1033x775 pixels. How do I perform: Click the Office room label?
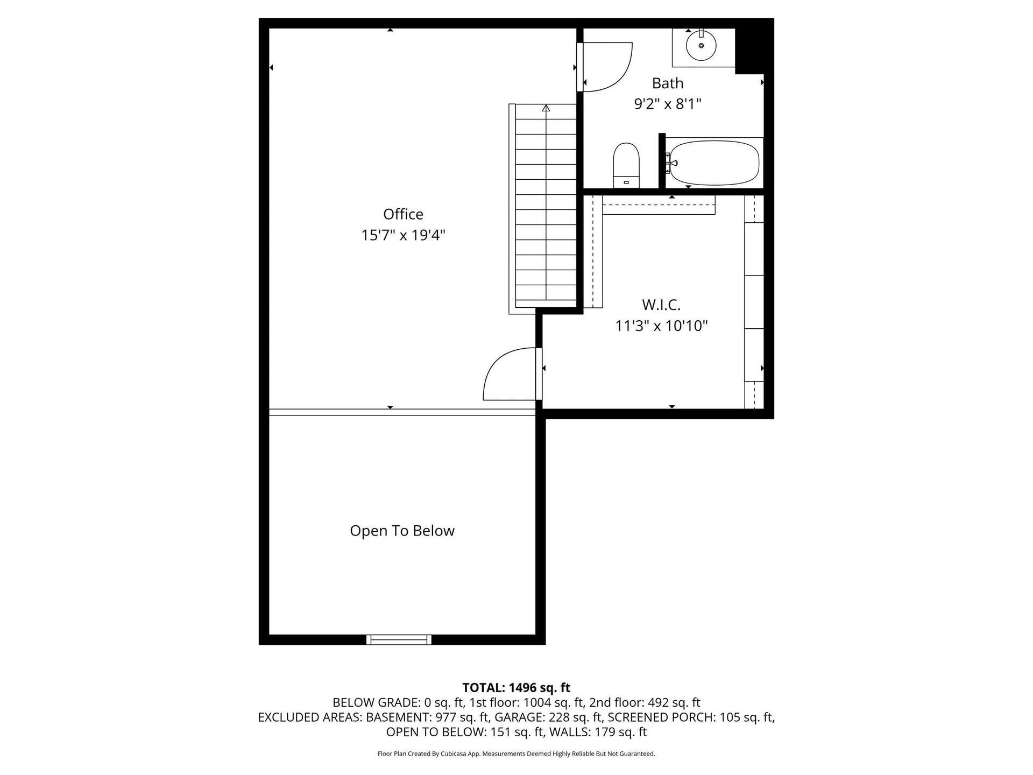click(403, 214)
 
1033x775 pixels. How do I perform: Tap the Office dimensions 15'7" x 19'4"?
click(403, 235)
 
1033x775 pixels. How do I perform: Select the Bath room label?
click(667, 83)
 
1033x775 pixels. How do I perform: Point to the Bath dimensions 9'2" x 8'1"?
click(667, 104)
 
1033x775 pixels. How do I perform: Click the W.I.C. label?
click(661, 305)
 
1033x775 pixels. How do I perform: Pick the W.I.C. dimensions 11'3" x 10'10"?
click(661, 326)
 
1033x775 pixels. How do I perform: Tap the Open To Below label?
click(402, 531)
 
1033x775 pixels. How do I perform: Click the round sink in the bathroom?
click(701, 46)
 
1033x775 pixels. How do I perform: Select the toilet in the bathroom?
click(626, 165)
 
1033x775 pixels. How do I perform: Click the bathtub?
click(714, 163)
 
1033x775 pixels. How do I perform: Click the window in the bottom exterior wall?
click(399, 639)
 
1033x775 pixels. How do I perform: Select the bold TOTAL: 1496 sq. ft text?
click(516, 688)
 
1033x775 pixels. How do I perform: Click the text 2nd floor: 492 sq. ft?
click(645, 703)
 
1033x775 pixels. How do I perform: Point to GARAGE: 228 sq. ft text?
click(548, 717)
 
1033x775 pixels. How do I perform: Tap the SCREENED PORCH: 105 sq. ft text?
click(691, 717)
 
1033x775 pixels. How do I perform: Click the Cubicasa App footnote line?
click(516, 754)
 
